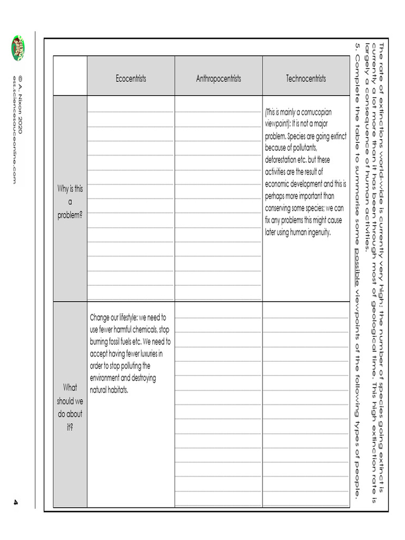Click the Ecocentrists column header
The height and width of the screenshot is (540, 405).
131,79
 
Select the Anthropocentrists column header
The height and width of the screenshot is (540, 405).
218,79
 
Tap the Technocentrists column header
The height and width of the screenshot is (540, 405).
306,79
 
